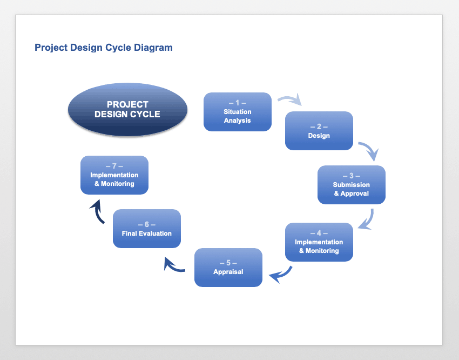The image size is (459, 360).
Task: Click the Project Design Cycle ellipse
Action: coord(127,109)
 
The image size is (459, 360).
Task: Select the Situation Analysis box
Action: coord(238,112)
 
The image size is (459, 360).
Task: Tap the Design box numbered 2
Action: coord(319,130)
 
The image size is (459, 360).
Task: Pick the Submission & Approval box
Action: coord(352,185)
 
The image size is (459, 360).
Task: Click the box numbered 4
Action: coord(319,242)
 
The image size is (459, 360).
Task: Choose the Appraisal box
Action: coord(228,267)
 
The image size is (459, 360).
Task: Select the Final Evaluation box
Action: coord(147,229)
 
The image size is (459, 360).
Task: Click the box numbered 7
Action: coord(114,175)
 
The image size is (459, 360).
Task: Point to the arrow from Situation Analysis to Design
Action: coord(289,99)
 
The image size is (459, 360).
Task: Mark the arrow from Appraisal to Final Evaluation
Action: coord(174,265)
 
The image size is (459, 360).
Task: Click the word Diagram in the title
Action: coord(153,48)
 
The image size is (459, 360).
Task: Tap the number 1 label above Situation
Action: coord(238,103)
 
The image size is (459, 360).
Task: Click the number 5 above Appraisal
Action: coord(228,263)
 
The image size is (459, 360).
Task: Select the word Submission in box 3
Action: coord(352,185)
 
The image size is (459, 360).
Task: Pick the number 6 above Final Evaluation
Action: coord(147,224)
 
